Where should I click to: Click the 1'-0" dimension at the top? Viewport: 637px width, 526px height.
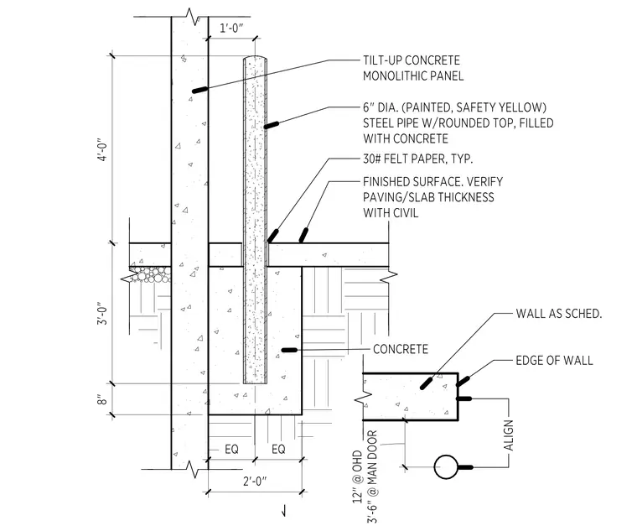231,29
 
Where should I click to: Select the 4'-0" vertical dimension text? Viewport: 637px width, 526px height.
103,150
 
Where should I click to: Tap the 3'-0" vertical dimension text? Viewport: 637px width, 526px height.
103,313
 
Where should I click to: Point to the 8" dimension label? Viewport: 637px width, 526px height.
103,400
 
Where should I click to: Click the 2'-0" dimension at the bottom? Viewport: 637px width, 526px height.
255,482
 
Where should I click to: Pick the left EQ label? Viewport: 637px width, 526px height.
231,449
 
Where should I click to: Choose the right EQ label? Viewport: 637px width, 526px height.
278,449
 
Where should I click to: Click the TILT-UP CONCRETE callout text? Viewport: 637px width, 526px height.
412,60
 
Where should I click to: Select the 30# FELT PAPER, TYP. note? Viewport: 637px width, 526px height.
417,159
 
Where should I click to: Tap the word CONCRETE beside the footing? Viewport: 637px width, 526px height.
401,349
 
